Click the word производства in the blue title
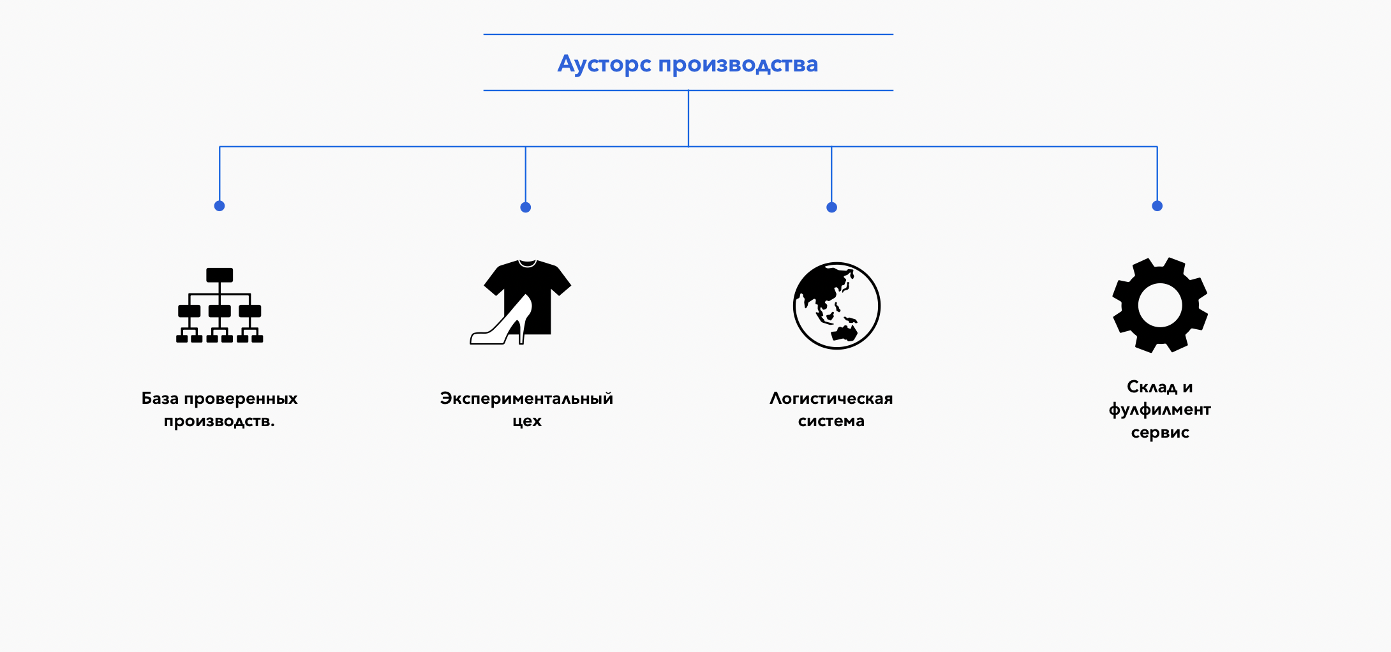[x=738, y=64]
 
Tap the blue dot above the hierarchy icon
[x=219, y=205]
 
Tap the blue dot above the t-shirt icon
[x=526, y=207]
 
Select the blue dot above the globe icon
[x=831, y=207]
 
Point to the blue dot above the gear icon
[x=1157, y=205]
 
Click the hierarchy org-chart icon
[x=219, y=306]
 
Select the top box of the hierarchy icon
[x=219, y=275]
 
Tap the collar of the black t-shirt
[x=527, y=263]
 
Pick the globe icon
[x=837, y=306]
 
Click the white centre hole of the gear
[x=1159, y=305]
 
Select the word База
[x=160, y=399]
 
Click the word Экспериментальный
[x=526, y=399]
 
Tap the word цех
[x=527, y=421]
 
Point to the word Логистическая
[x=831, y=399]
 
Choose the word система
[x=831, y=421]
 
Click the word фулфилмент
[x=1159, y=410]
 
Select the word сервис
[x=1159, y=433]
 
